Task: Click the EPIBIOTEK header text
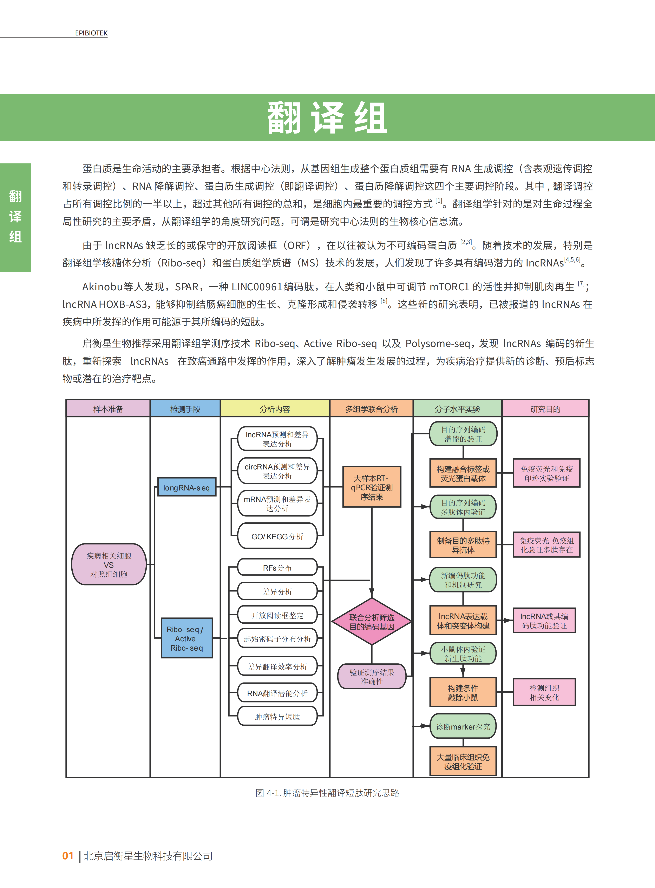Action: point(91,33)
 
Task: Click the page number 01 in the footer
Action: point(68,855)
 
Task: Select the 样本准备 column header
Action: point(108,409)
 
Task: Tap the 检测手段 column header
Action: point(185,409)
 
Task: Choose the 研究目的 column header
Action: point(546,409)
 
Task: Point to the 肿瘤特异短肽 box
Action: point(277,717)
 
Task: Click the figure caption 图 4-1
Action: point(327,793)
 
